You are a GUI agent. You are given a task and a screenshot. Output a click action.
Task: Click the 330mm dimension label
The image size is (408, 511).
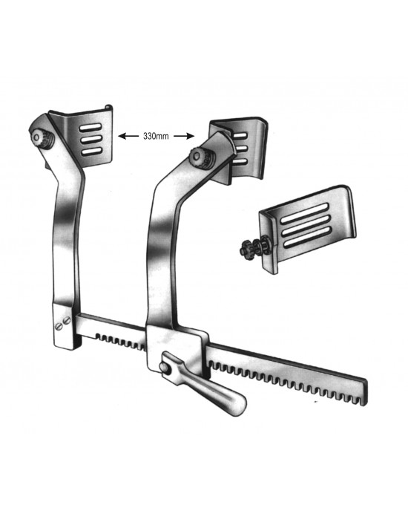click(x=156, y=136)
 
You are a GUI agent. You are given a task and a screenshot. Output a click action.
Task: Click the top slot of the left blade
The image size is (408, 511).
click(x=91, y=128)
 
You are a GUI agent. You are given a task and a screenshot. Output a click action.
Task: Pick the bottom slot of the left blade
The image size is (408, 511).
click(x=92, y=152)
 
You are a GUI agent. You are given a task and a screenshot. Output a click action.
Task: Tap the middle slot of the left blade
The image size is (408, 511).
click(x=91, y=140)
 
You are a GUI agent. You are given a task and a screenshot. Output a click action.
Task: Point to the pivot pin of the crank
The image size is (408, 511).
click(x=165, y=367)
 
